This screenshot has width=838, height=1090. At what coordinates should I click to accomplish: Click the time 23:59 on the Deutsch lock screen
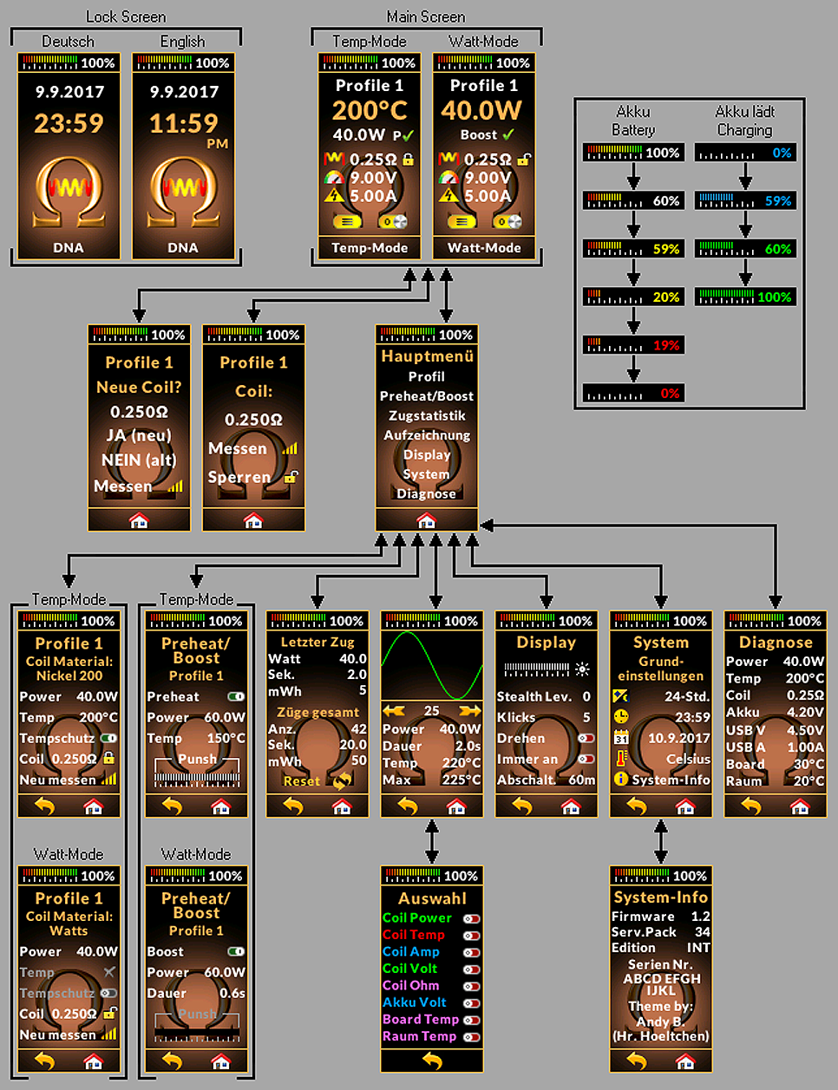coord(69,123)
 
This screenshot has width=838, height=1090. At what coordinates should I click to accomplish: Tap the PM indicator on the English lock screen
coord(217,144)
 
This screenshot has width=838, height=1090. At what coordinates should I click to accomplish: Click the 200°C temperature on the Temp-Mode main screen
coord(370,110)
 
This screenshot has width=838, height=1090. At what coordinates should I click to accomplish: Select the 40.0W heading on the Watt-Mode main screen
coord(481,110)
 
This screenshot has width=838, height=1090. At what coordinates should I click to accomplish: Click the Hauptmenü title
coord(427,356)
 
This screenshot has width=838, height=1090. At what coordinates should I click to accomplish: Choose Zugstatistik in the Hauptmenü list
coord(427,415)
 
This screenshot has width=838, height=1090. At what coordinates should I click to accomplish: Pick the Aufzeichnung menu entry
coord(427,435)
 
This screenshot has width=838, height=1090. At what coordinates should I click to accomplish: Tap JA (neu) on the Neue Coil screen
coord(139,435)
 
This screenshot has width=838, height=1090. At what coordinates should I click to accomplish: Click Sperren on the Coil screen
coord(239,477)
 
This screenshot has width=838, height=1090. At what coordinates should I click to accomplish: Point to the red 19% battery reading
coord(665,345)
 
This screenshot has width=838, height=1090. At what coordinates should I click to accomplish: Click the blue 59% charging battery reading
coord(777,201)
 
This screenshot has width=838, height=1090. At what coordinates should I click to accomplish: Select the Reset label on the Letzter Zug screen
coord(301,781)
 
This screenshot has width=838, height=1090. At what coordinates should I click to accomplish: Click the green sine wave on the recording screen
coord(432,665)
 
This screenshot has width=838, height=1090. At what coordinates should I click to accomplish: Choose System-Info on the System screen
coord(671,780)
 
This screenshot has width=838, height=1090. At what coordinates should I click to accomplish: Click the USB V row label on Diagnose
coord(745,730)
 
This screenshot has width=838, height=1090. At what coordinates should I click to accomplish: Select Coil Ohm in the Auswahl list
coord(410,985)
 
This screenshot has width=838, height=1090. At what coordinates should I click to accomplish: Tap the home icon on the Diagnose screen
coord(799,807)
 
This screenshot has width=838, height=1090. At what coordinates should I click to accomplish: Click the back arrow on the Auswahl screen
coord(432,1061)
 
